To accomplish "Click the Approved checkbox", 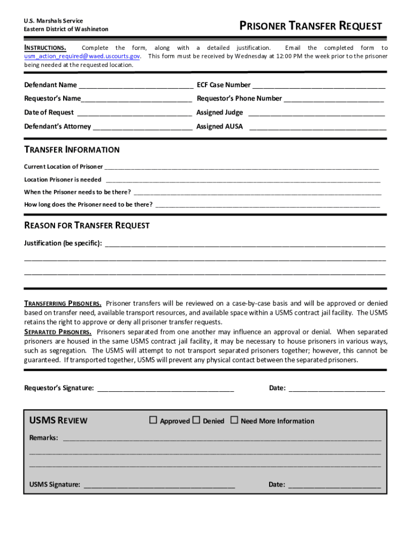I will coord(153,420).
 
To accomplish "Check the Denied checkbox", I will coord(196,420).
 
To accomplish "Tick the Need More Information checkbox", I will coord(234,420).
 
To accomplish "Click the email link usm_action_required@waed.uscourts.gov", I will coord(82,56).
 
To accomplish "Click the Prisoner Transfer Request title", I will coord(310,26).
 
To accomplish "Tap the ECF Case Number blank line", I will coord(318,85).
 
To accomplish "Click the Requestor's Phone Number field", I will coord(333,98).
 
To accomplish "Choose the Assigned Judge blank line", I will coord(316,112).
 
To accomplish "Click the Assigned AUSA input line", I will coord(318,127).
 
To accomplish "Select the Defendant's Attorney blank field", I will coord(142,127).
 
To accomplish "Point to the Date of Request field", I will coord(134,112).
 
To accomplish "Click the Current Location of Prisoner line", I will coord(241,167).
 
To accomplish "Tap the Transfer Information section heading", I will coord(72,150).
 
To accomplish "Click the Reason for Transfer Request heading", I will coord(87,226).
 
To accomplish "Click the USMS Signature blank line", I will coord(159,485).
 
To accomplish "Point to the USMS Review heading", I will coord(58,421).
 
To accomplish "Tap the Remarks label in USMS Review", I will coord(43,438).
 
